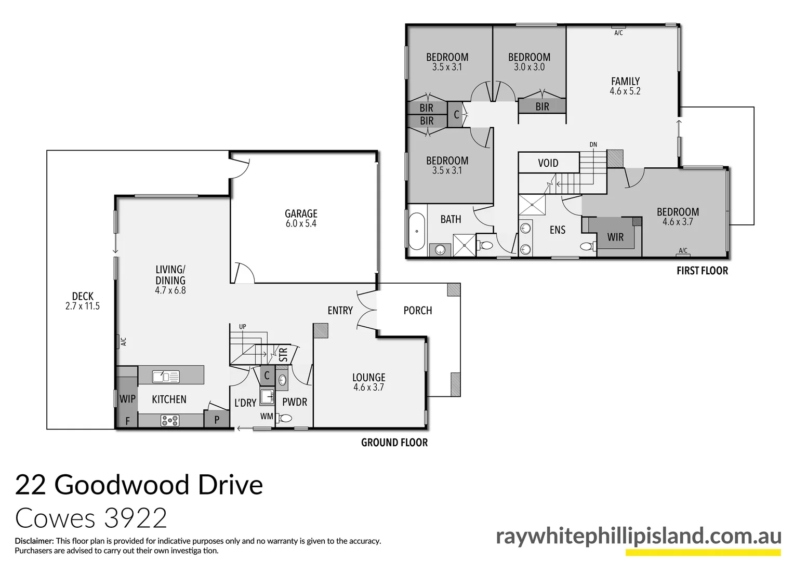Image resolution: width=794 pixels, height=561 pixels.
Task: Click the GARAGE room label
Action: coord(301,213)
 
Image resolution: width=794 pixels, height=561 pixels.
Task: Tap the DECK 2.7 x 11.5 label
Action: coord(83,301)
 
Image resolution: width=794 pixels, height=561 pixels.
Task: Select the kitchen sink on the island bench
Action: coord(166,376)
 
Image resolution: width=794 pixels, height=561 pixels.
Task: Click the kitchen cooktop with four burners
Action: coord(169,420)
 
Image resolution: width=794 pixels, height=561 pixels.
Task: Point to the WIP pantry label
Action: coord(127,399)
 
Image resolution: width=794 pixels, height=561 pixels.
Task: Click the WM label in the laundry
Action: coord(267,417)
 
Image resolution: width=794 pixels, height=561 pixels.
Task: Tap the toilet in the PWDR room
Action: coord(285,418)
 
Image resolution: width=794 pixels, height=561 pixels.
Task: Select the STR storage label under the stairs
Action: coord(283,355)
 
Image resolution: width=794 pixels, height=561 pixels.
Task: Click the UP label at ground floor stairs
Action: coord(243,327)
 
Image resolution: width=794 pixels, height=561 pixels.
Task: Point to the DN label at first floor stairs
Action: coord(593,144)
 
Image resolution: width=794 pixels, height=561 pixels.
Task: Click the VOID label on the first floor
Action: coord(548,163)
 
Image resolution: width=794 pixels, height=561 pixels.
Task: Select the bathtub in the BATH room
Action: coord(417,231)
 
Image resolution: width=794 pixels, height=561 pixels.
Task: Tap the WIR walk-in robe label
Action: coord(615,237)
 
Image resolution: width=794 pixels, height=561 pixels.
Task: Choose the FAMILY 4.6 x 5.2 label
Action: coord(625,86)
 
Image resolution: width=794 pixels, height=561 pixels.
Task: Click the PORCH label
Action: coord(418,311)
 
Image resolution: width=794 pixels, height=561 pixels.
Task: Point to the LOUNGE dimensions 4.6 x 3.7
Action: coord(368,388)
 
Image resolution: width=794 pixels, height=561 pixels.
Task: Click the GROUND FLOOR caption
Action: coord(394,443)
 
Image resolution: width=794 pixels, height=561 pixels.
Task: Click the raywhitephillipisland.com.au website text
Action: coord(638,536)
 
